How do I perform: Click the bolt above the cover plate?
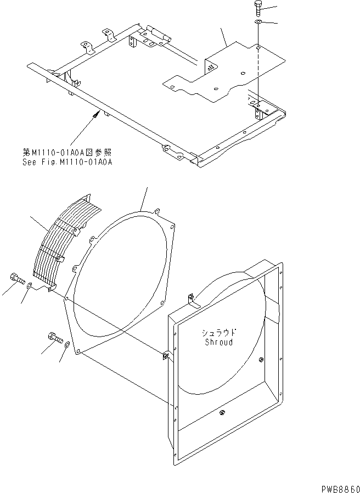(x=257, y=9)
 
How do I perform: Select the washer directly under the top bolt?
(x=257, y=22)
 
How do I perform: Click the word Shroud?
(x=218, y=342)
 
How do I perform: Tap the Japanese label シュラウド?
(x=218, y=333)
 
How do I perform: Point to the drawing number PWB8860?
(x=337, y=488)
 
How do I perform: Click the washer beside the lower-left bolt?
(x=67, y=345)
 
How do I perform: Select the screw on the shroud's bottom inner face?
(x=222, y=413)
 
